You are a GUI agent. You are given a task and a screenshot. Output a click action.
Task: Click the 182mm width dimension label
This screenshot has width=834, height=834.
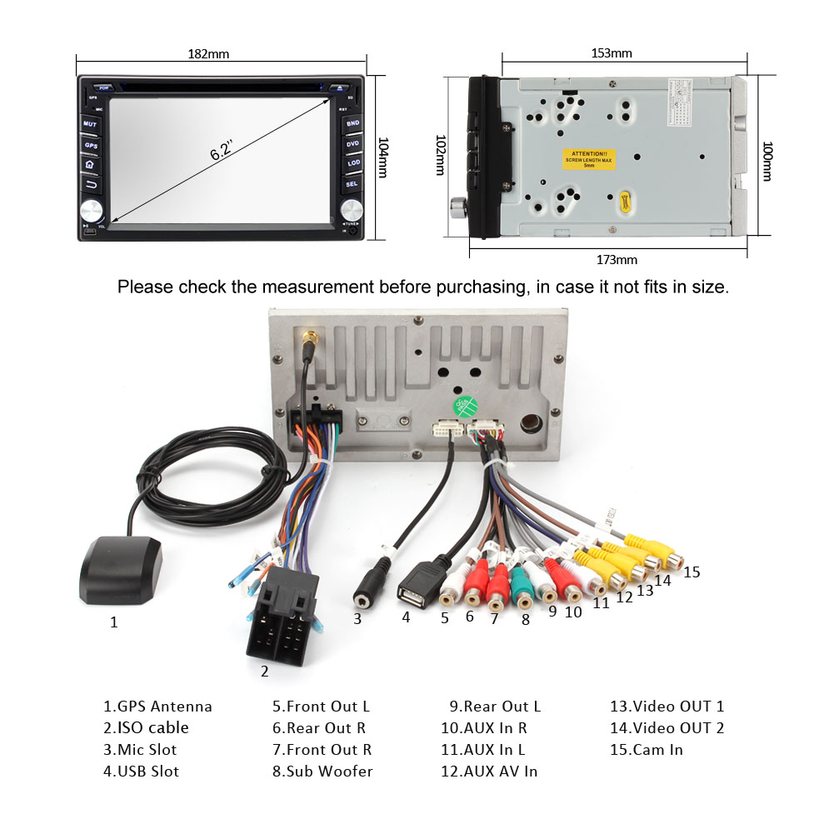click(208, 54)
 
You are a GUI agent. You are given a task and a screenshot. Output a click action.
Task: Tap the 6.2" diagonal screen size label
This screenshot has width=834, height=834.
click(222, 152)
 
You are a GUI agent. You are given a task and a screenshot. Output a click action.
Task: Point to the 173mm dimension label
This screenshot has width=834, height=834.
click(617, 260)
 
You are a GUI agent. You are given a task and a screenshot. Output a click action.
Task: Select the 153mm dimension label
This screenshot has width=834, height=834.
click(612, 53)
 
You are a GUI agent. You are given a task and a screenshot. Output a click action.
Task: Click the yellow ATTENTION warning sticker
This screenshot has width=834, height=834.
click(589, 159)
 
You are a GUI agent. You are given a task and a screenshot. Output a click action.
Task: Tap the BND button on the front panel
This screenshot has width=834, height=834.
click(352, 123)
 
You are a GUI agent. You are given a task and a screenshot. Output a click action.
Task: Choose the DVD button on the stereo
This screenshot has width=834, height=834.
click(352, 143)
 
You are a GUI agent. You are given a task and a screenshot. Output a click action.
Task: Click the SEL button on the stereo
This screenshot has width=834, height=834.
click(352, 183)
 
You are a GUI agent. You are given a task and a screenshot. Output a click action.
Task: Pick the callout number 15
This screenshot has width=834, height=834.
click(692, 572)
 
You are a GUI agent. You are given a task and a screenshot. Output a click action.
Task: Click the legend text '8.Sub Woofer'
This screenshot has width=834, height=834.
click(322, 771)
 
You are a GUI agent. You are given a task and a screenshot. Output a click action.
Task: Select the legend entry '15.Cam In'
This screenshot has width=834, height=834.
click(647, 749)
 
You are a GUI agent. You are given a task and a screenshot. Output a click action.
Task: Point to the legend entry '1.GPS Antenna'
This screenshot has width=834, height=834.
click(157, 706)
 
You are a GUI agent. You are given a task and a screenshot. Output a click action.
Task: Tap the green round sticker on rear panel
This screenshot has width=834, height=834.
click(463, 407)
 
